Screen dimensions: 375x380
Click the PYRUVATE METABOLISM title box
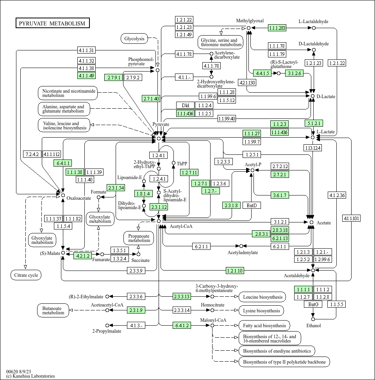pos(52,23)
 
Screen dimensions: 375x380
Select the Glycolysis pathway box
pos(134,39)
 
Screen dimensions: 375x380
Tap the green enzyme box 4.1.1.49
pos(86,75)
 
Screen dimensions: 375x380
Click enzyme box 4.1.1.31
pos(86,50)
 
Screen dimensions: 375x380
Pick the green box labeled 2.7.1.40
pos(151,99)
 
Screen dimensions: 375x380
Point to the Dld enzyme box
pos(185,105)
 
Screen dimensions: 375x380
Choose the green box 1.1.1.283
pos(277,28)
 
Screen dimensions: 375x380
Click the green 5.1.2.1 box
pos(314,123)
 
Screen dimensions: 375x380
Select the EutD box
pos(252,206)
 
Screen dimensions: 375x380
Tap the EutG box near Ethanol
pos(313,304)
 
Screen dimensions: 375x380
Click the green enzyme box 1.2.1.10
pos(235,271)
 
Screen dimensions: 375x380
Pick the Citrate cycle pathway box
pos(26,275)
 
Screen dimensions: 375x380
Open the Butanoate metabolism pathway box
pos(53,310)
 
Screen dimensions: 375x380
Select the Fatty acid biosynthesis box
pos(264,326)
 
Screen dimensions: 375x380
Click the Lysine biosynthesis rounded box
pos(261,310)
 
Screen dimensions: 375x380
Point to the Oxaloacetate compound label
pos(79,198)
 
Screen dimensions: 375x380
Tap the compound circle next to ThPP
pos(173,163)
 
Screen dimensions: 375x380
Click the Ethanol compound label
pos(314,326)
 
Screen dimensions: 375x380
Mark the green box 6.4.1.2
pos(182,325)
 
